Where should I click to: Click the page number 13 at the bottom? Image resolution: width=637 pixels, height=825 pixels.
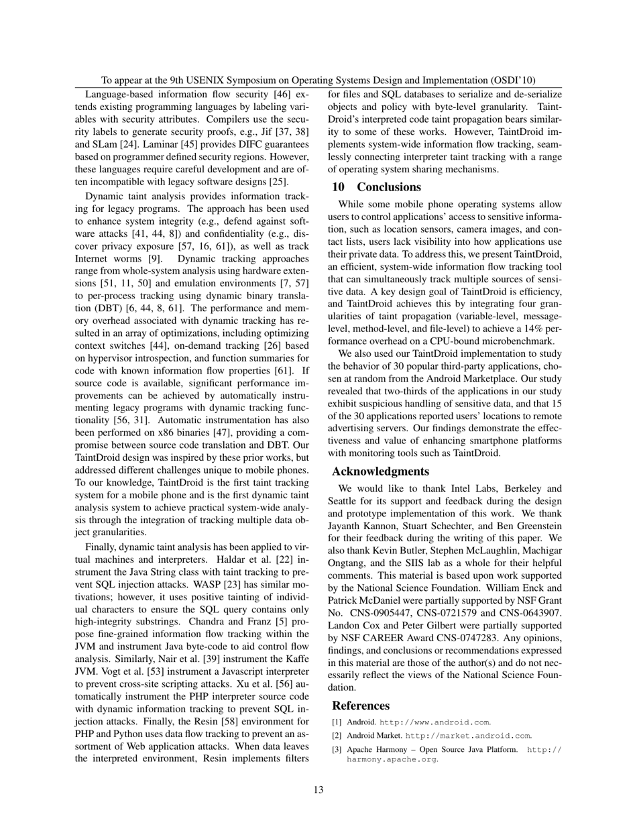click(318, 789)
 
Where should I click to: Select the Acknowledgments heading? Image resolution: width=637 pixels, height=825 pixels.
click(380, 471)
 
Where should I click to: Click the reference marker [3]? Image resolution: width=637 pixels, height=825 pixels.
click(337, 749)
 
